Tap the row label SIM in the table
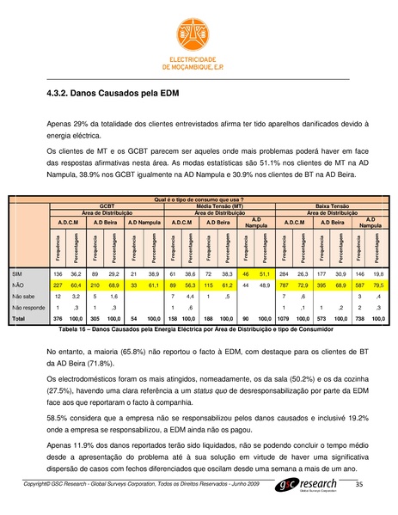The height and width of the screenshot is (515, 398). [16, 272]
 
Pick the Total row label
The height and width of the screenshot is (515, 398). [18, 317]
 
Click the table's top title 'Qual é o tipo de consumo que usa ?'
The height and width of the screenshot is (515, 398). [199, 200]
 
